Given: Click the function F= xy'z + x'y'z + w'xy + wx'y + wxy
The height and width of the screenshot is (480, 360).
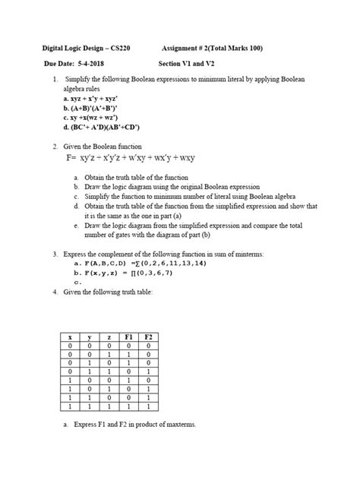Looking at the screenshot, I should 130,158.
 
